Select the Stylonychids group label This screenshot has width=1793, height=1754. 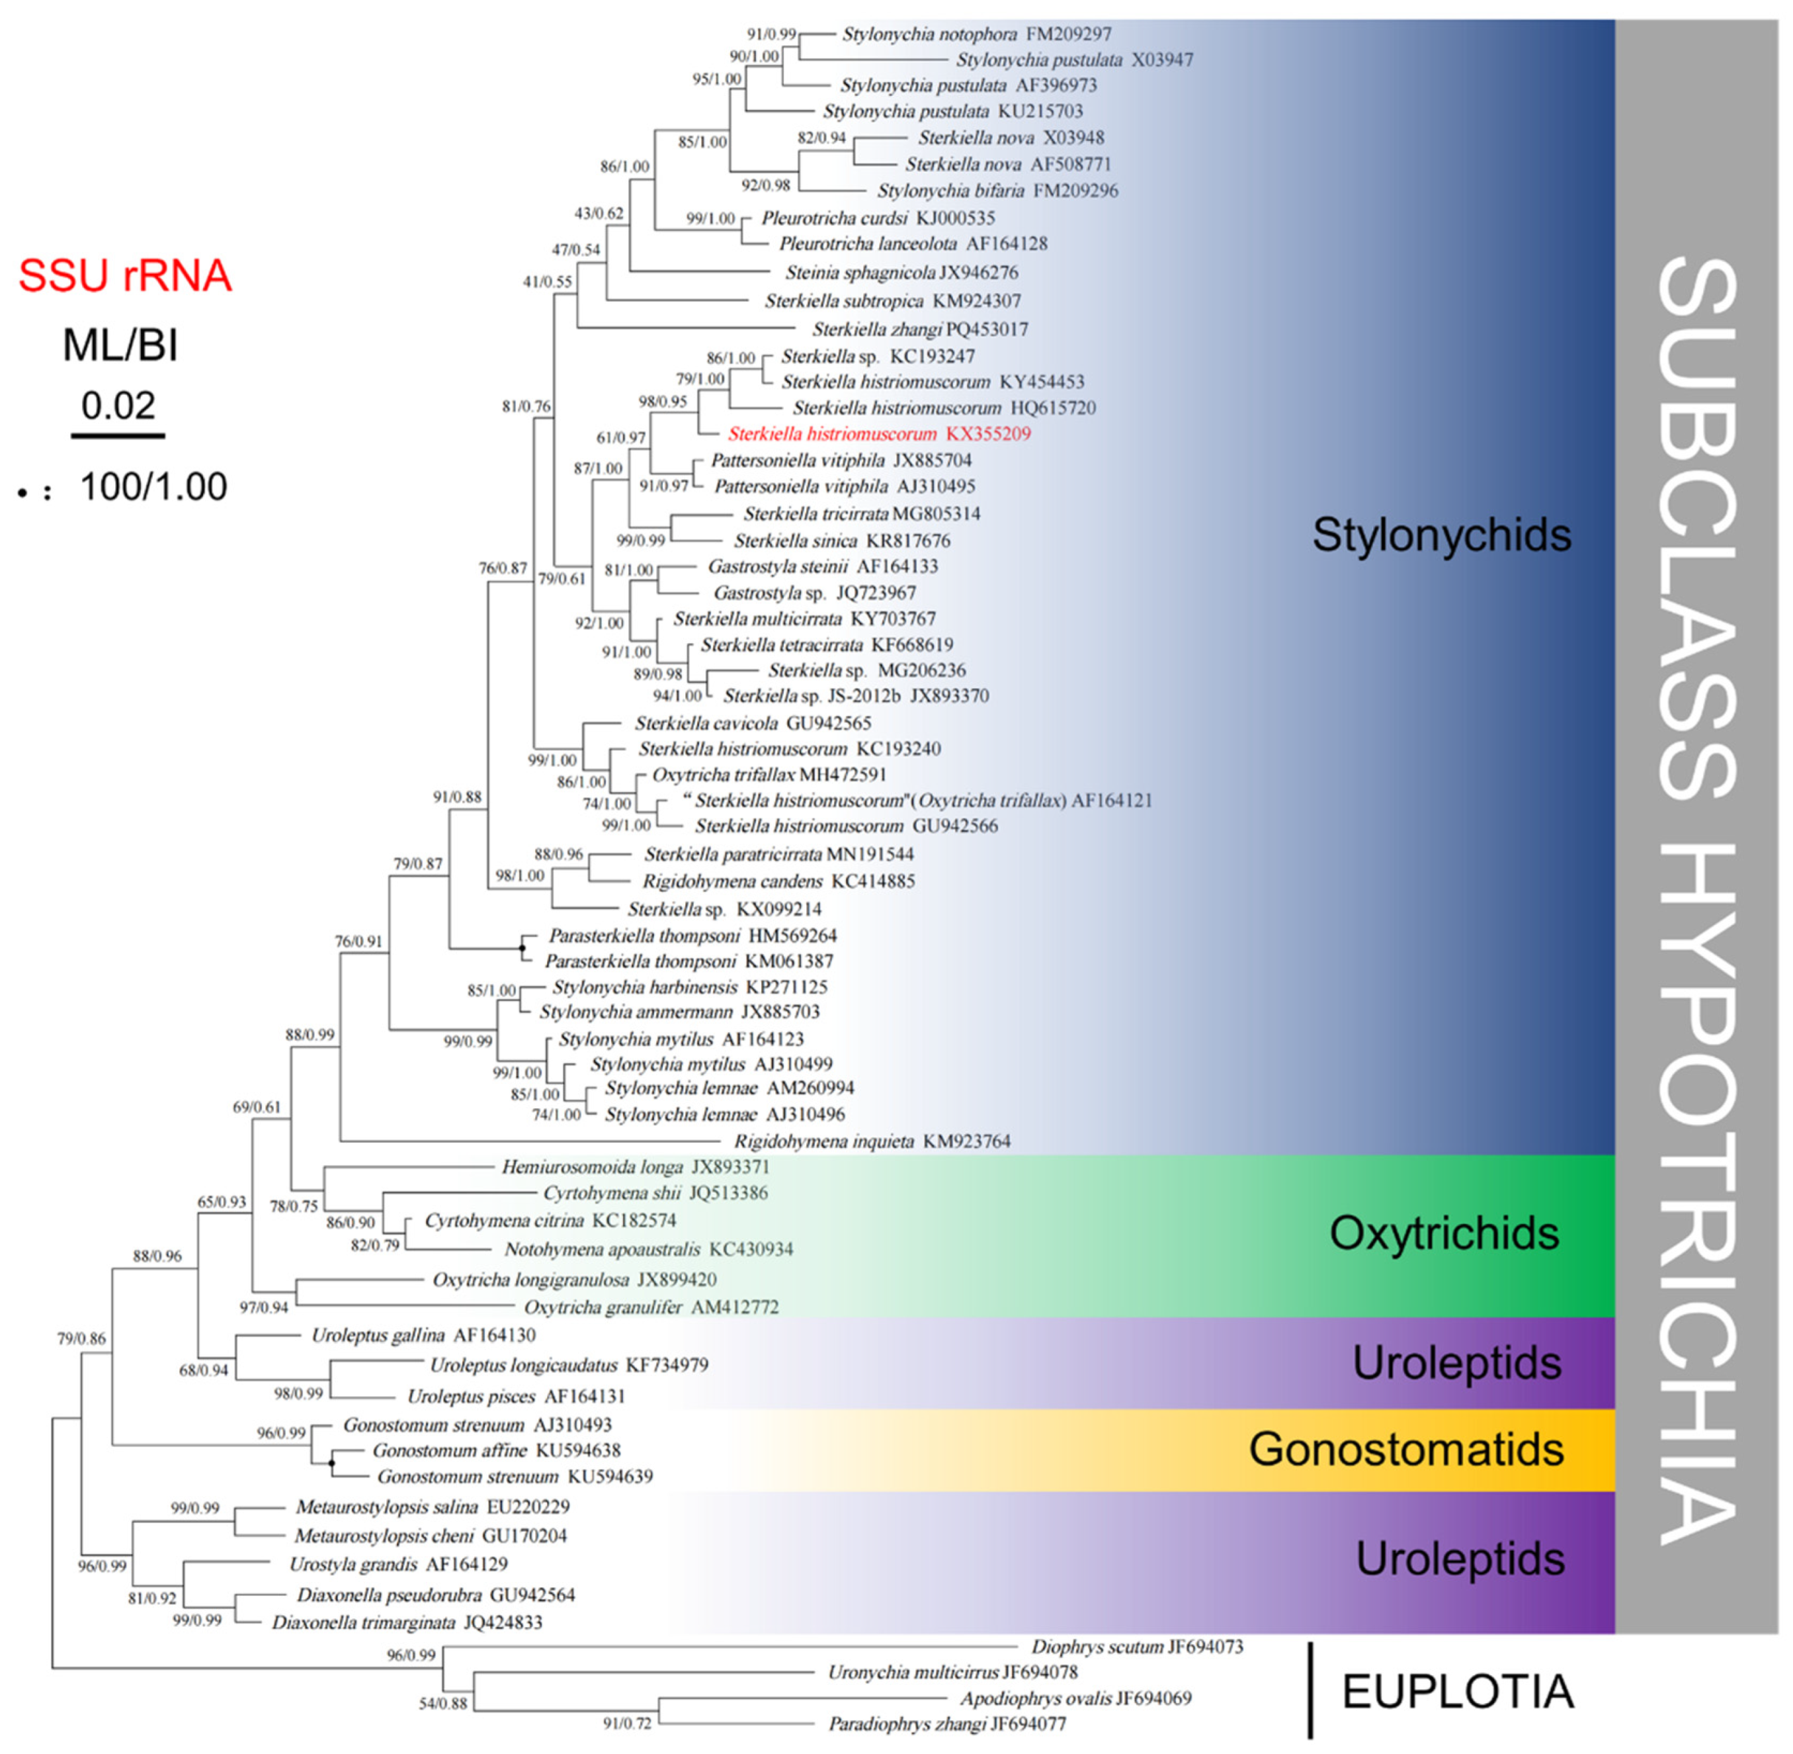(1440, 535)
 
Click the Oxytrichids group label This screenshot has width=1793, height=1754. (1443, 1233)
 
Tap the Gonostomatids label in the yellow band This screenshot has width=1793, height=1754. (1405, 1449)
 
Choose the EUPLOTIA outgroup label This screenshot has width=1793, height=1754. (1457, 1691)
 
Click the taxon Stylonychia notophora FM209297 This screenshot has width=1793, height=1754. (976, 34)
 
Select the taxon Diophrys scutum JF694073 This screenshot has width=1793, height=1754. (1136, 1646)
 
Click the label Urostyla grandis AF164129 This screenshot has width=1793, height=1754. (398, 1563)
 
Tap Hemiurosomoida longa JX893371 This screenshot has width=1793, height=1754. (634, 1167)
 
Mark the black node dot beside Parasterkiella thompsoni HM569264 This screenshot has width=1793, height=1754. (521, 947)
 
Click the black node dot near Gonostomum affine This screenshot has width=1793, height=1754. (331, 1463)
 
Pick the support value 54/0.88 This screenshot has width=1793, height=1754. (443, 1703)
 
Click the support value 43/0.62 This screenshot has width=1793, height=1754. (599, 214)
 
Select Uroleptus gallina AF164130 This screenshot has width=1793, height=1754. (424, 1335)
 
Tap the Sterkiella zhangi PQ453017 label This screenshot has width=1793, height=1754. (919, 329)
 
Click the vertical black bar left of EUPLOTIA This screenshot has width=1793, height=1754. (1310, 1690)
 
